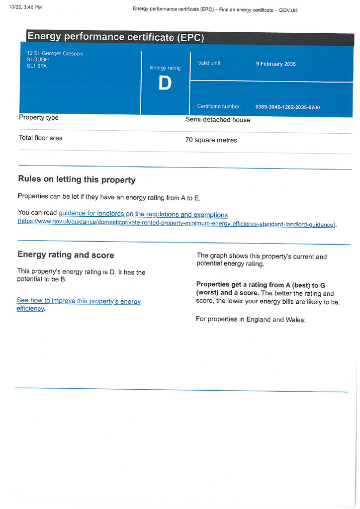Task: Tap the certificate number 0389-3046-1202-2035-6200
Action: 287,107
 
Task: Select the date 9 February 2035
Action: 275,64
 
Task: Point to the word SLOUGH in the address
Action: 38,60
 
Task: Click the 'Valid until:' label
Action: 209,63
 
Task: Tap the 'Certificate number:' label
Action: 219,106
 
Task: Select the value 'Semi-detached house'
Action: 218,120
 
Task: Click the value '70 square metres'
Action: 211,140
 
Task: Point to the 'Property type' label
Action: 39,118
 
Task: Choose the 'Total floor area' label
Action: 41,138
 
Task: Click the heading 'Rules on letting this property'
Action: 77,179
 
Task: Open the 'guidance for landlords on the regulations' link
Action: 143,215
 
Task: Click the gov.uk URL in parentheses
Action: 177,224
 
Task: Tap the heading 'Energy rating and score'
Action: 66,255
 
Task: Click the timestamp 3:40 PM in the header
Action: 30,7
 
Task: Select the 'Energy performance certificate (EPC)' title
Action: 115,37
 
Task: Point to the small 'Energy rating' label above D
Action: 165,68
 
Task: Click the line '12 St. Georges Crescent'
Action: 55,54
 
